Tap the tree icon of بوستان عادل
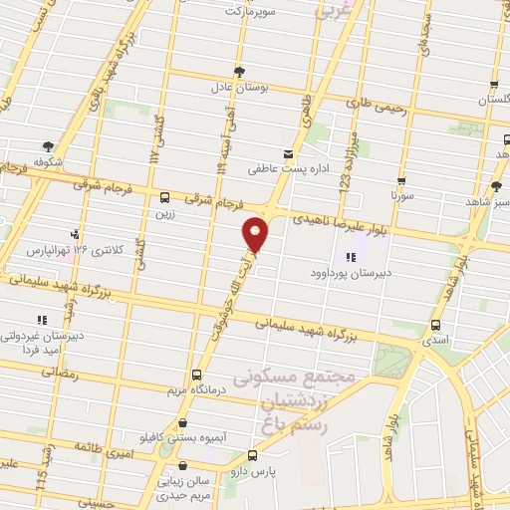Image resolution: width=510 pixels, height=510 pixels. [x=238, y=70]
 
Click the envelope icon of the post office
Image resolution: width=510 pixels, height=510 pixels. [x=288, y=154]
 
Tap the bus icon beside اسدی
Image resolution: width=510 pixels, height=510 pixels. [x=435, y=325]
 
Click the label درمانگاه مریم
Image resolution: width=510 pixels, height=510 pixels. [x=190, y=390]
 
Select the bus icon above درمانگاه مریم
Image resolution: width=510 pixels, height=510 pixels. [x=196, y=376]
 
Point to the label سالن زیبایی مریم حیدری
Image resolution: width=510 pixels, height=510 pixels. [x=186, y=487]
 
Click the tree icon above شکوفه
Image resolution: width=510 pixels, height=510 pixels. [x=46, y=144]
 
